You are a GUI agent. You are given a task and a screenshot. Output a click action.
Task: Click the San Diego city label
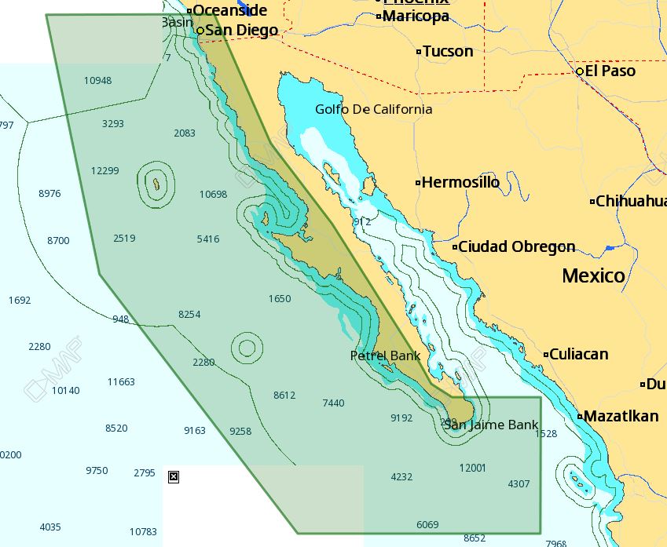[241, 31]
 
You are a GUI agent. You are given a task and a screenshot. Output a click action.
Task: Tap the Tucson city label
[448, 52]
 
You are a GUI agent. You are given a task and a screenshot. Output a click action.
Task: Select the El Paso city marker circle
[580, 71]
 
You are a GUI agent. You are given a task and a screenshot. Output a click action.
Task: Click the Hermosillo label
[460, 183]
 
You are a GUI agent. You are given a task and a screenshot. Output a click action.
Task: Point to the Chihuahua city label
[631, 202]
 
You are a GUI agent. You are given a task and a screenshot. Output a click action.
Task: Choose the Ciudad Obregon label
[516, 247]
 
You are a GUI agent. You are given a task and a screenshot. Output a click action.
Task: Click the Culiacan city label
[578, 355]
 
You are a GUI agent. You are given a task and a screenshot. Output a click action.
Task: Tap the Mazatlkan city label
[621, 416]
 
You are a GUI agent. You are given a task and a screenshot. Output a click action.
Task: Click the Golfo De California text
[373, 109]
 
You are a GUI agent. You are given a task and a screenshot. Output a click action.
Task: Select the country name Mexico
[593, 275]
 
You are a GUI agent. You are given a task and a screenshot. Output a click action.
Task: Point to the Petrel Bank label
[385, 356]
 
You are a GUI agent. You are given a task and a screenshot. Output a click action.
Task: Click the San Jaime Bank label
[491, 425]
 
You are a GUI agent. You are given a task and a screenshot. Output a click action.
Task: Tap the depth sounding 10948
[97, 81]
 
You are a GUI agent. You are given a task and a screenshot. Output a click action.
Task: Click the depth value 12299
[104, 171]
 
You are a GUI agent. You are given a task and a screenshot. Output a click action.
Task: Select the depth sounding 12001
[472, 468]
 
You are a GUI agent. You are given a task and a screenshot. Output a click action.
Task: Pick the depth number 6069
[427, 524]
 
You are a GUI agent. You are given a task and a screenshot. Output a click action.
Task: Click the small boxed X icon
[174, 476]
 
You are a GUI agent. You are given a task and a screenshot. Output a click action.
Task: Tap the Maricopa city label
[416, 16]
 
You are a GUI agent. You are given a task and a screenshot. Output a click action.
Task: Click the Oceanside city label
[229, 10]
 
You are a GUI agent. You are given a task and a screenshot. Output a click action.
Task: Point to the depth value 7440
[333, 403]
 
